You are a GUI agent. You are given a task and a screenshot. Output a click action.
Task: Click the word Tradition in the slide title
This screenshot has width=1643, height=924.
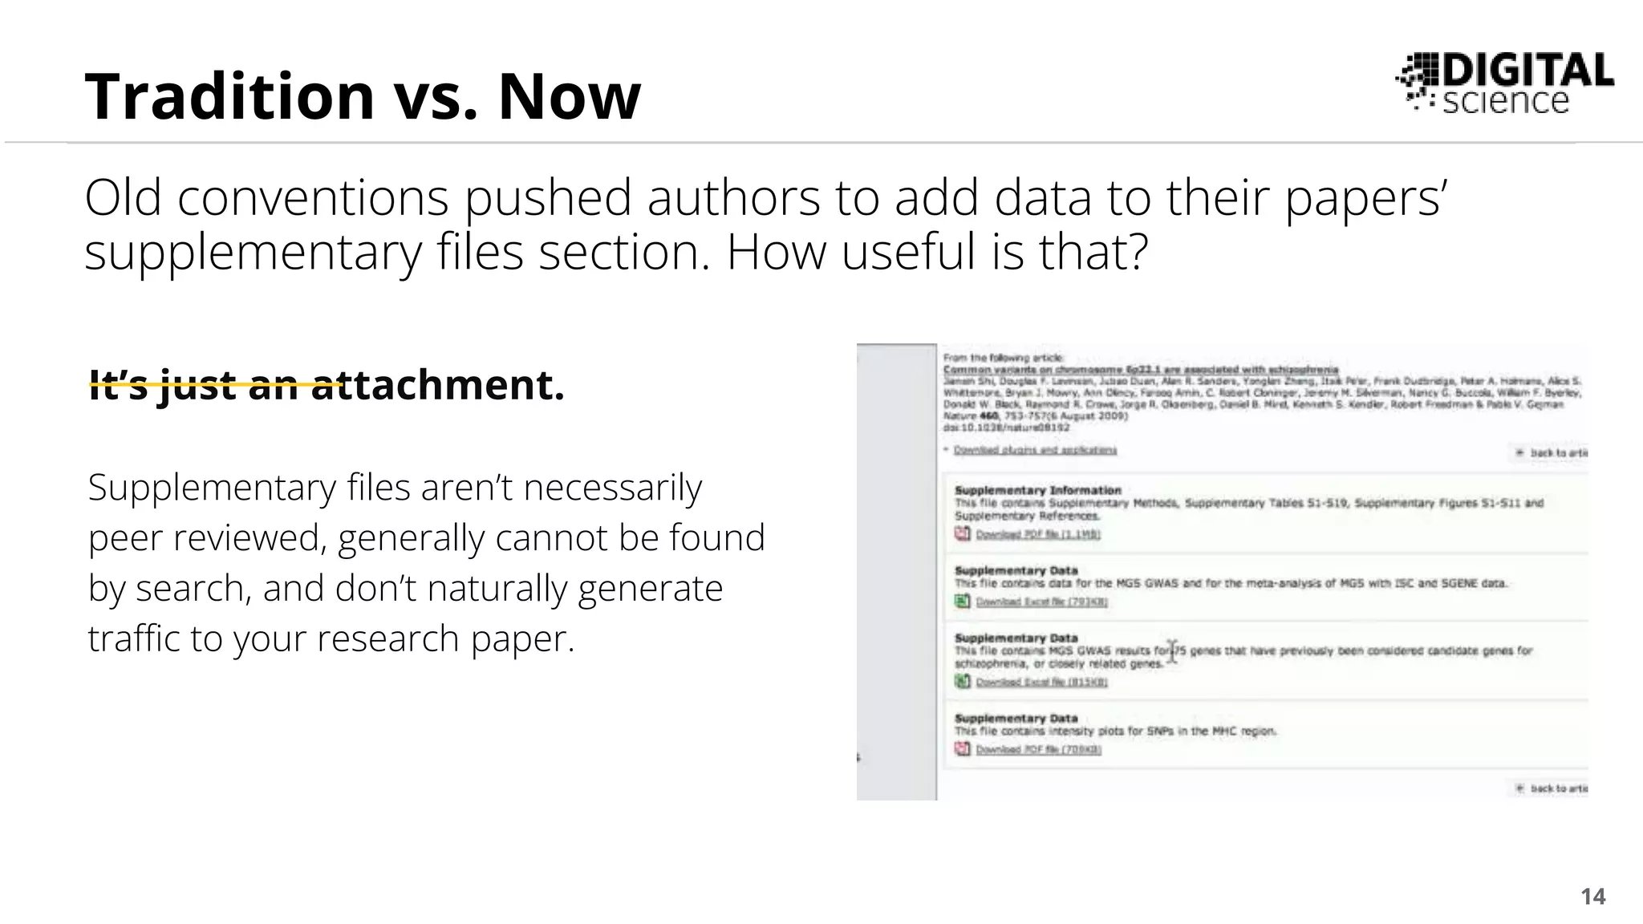point(229,96)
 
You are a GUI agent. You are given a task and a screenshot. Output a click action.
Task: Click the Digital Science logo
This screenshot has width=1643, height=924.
point(1505,83)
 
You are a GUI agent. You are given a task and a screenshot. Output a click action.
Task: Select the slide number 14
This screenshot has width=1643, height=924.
point(1592,896)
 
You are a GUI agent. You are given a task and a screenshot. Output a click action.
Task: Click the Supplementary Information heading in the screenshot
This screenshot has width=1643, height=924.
point(1037,490)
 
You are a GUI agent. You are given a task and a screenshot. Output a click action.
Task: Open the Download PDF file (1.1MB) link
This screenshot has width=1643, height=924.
point(1037,534)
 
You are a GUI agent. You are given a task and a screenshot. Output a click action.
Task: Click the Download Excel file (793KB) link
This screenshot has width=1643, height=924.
point(1041,602)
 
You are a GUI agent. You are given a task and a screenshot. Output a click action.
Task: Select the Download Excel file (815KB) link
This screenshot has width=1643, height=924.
point(1041,682)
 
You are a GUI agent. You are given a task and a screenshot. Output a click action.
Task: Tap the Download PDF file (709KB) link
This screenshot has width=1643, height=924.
point(1038,749)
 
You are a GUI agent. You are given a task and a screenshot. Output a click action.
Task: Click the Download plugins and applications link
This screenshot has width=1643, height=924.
point(1035,450)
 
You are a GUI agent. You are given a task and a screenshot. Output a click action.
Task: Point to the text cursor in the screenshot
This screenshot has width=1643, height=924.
point(1172,651)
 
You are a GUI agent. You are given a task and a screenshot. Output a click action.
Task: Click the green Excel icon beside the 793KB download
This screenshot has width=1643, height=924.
point(962,601)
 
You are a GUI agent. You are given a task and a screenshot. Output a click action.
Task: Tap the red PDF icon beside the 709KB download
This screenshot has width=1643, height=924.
point(962,748)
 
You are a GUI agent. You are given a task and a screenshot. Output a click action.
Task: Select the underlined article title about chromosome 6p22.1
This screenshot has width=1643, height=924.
point(1140,370)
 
